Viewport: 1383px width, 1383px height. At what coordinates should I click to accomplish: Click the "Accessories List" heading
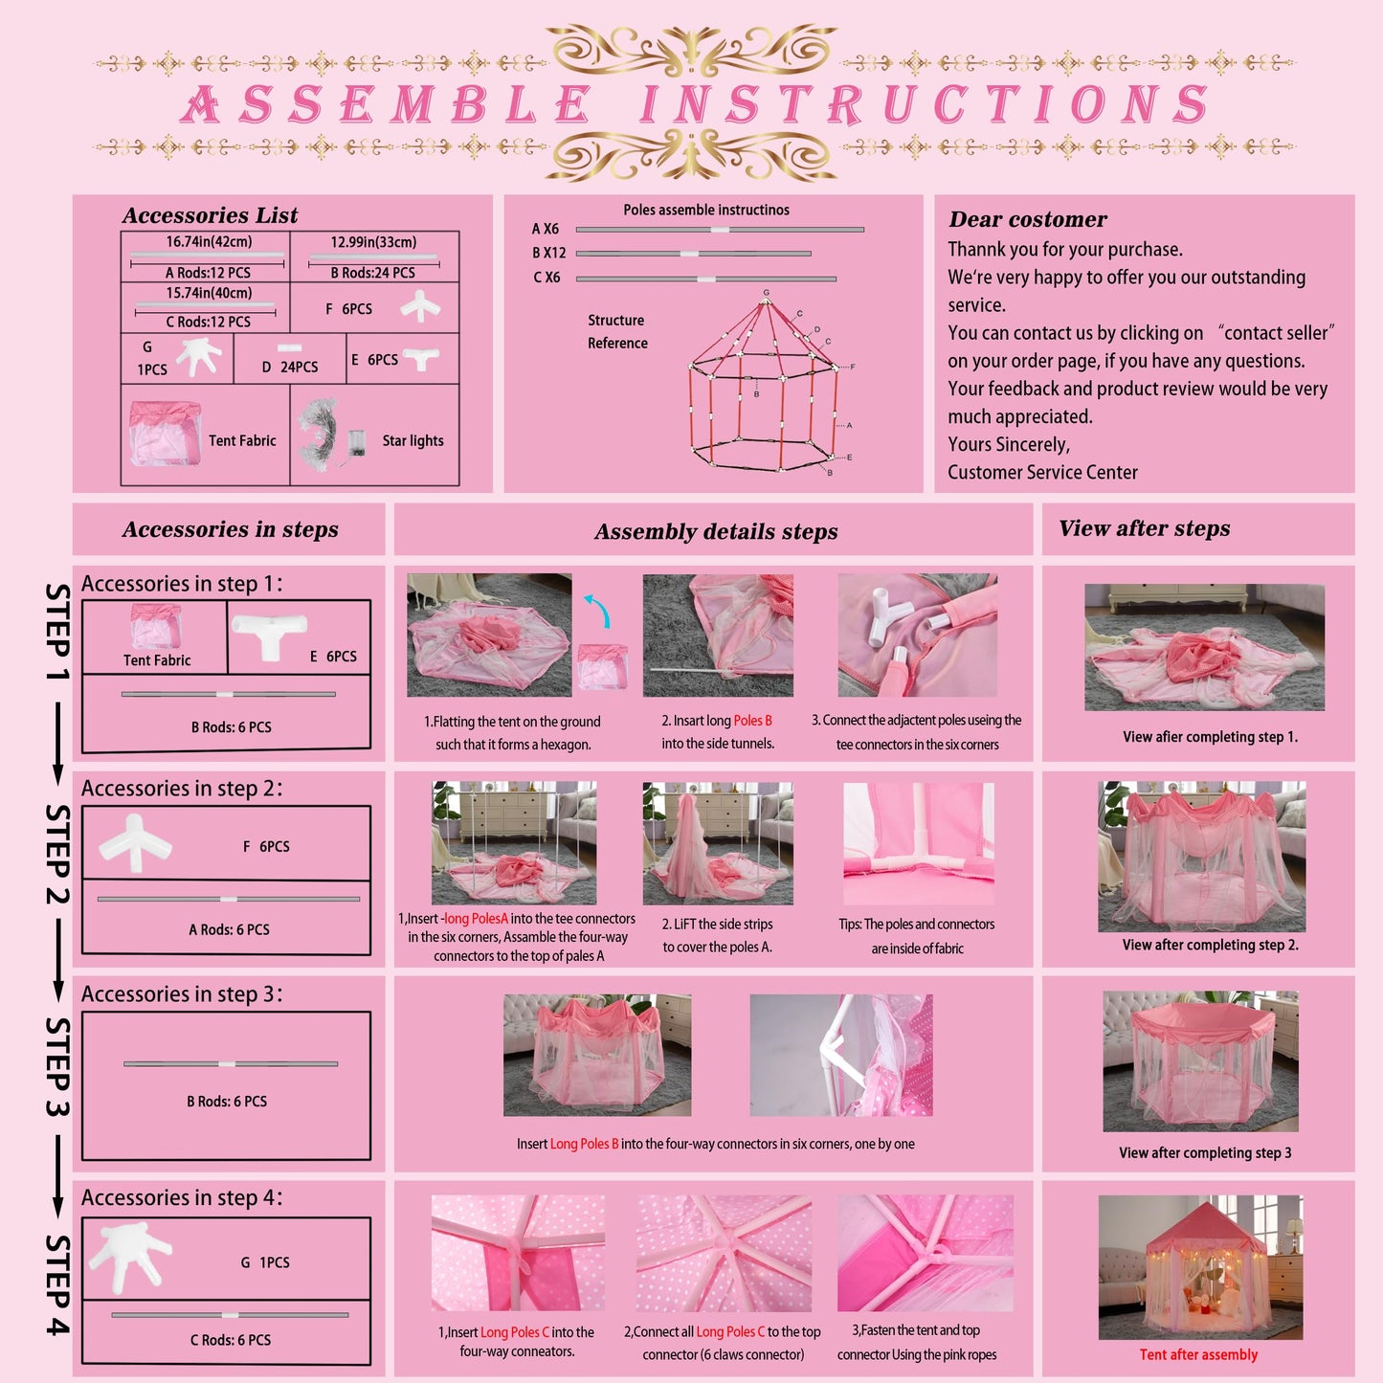(x=210, y=215)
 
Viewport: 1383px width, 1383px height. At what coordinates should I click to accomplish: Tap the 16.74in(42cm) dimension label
(x=209, y=242)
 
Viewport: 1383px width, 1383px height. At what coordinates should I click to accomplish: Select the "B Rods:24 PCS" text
(x=372, y=273)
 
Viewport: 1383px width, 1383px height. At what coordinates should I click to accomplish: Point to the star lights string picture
(x=321, y=435)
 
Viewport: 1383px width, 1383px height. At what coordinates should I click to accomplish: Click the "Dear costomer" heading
(x=1028, y=219)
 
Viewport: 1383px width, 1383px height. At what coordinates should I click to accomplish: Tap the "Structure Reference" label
(x=617, y=331)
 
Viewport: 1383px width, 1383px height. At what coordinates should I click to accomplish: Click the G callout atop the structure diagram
(x=766, y=293)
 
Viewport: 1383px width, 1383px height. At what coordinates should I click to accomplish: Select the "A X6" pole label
(x=546, y=229)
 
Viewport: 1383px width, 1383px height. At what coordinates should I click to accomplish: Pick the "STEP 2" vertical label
(x=57, y=854)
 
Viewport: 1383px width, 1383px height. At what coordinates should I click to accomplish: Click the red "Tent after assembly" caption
(x=1198, y=1354)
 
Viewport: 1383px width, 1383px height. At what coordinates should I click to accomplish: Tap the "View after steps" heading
(x=1144, y=528)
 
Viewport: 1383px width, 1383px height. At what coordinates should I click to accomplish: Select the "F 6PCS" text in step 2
(x=266, y=847)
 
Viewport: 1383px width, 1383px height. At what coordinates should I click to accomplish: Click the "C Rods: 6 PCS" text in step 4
(x=231, y=1340)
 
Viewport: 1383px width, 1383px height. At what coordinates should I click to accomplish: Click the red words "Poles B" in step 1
(x=753, y=721)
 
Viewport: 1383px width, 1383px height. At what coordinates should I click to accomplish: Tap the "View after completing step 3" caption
(x=1205, y=1152)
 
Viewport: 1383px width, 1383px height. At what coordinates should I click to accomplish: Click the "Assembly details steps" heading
(x=716, y=532)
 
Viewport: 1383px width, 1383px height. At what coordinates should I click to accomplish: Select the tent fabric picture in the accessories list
(x=165, y=434)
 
